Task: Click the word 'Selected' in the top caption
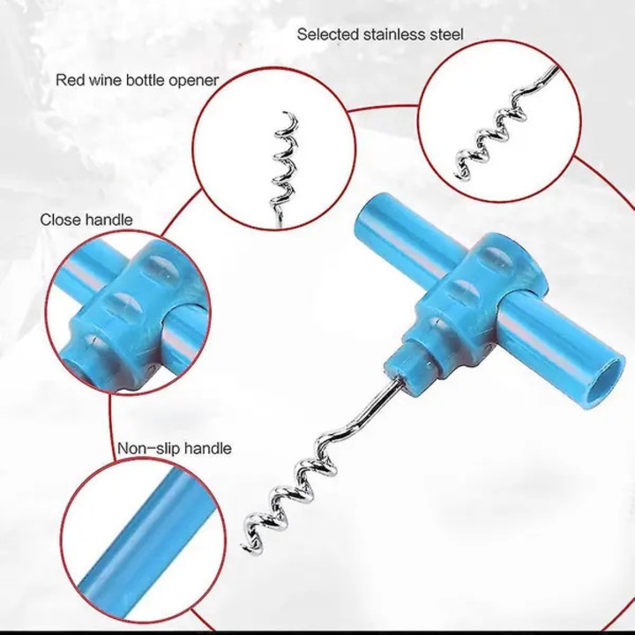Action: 327,34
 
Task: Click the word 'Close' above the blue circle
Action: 60,220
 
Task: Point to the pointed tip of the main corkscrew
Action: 244,548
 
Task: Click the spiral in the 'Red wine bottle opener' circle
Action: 283,166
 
